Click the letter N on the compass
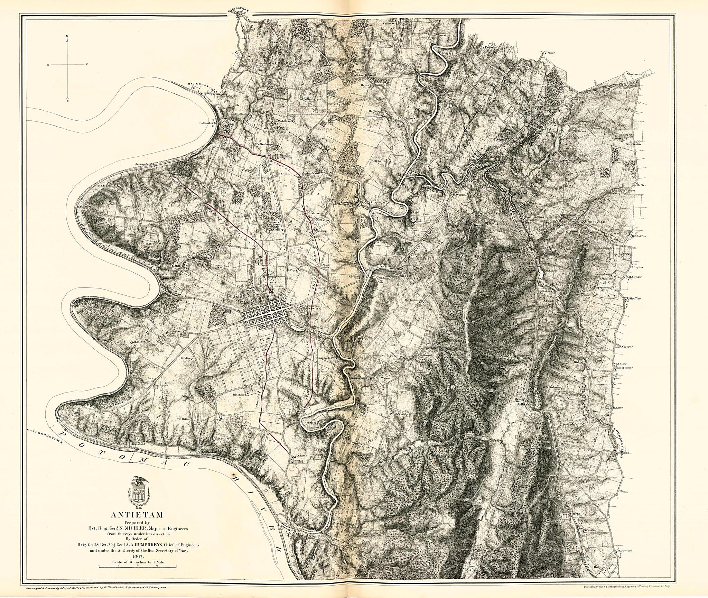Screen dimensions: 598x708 [x=67, y=36]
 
